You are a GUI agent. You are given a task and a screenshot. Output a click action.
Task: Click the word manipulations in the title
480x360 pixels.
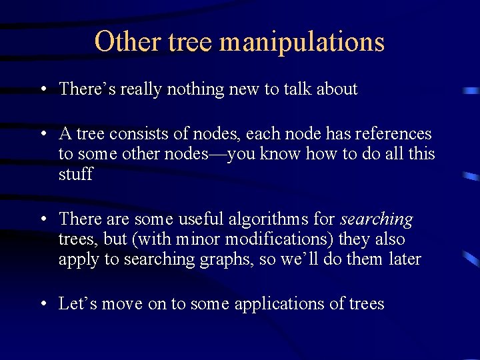pyautogui.click(x=302, y=41)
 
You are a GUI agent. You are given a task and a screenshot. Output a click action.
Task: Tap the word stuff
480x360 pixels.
pyautogui.click(x=75, y=175)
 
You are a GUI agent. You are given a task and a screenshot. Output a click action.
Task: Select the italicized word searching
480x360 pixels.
pyautogui.click(x=377, y=219)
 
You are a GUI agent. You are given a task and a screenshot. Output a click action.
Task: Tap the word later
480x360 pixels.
pyautogui.click(x=404, y=259)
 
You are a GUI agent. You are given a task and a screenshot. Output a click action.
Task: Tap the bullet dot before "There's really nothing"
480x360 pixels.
pyautogui.click(x=42, y=89)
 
